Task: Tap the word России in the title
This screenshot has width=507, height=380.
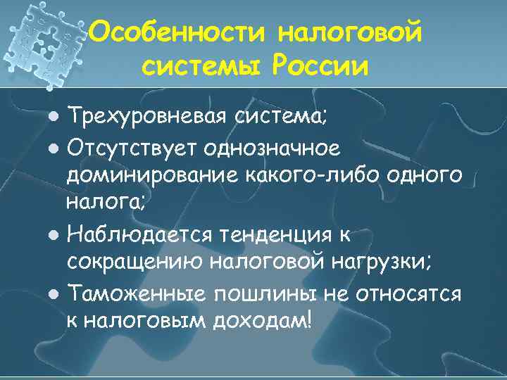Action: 321,66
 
